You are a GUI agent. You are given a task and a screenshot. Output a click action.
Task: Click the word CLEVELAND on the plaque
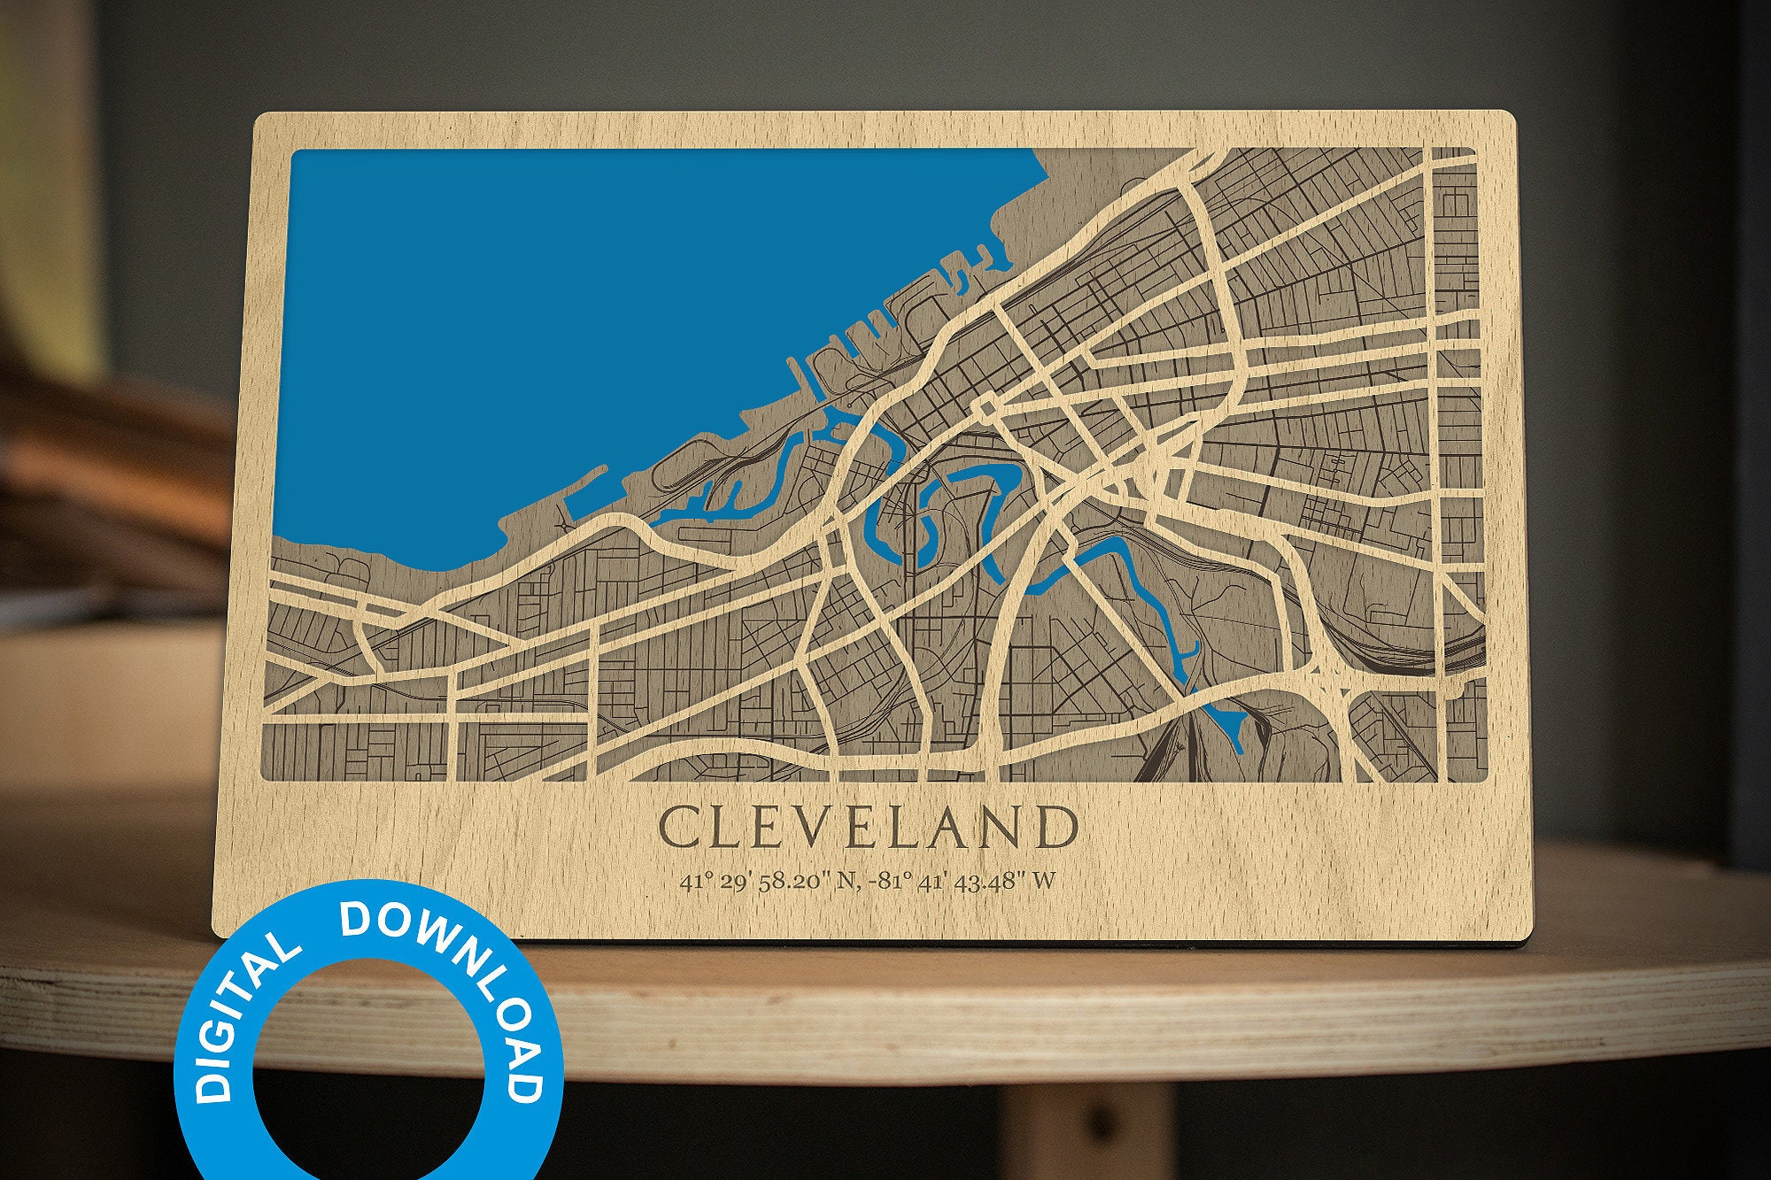pyautogui.click(x=868, y=829)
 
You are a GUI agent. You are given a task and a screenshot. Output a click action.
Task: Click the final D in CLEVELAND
pyautogui.click(x=1059, y=829)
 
